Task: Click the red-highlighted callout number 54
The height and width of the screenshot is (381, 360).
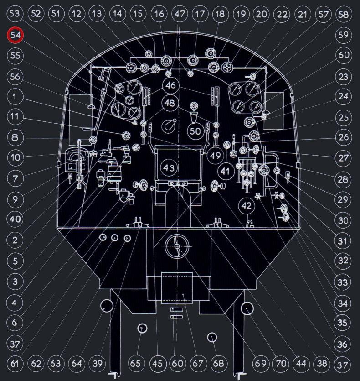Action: (15, 35)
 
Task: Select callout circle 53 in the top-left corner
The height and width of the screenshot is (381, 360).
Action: (14, 13)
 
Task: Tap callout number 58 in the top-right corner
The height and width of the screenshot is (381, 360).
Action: (344, 14)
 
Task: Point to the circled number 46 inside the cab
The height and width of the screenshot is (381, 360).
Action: (170, 85)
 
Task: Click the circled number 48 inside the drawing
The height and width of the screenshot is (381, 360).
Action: (170, 103)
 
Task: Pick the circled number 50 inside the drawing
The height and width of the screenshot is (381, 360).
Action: (195, 131)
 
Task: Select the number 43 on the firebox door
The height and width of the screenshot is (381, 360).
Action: (169, 167)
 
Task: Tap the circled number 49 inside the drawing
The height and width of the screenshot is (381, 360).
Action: (215, 156)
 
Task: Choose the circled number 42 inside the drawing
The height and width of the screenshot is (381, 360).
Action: (246, 206)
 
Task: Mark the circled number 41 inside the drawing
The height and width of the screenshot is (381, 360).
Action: (225, 171)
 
